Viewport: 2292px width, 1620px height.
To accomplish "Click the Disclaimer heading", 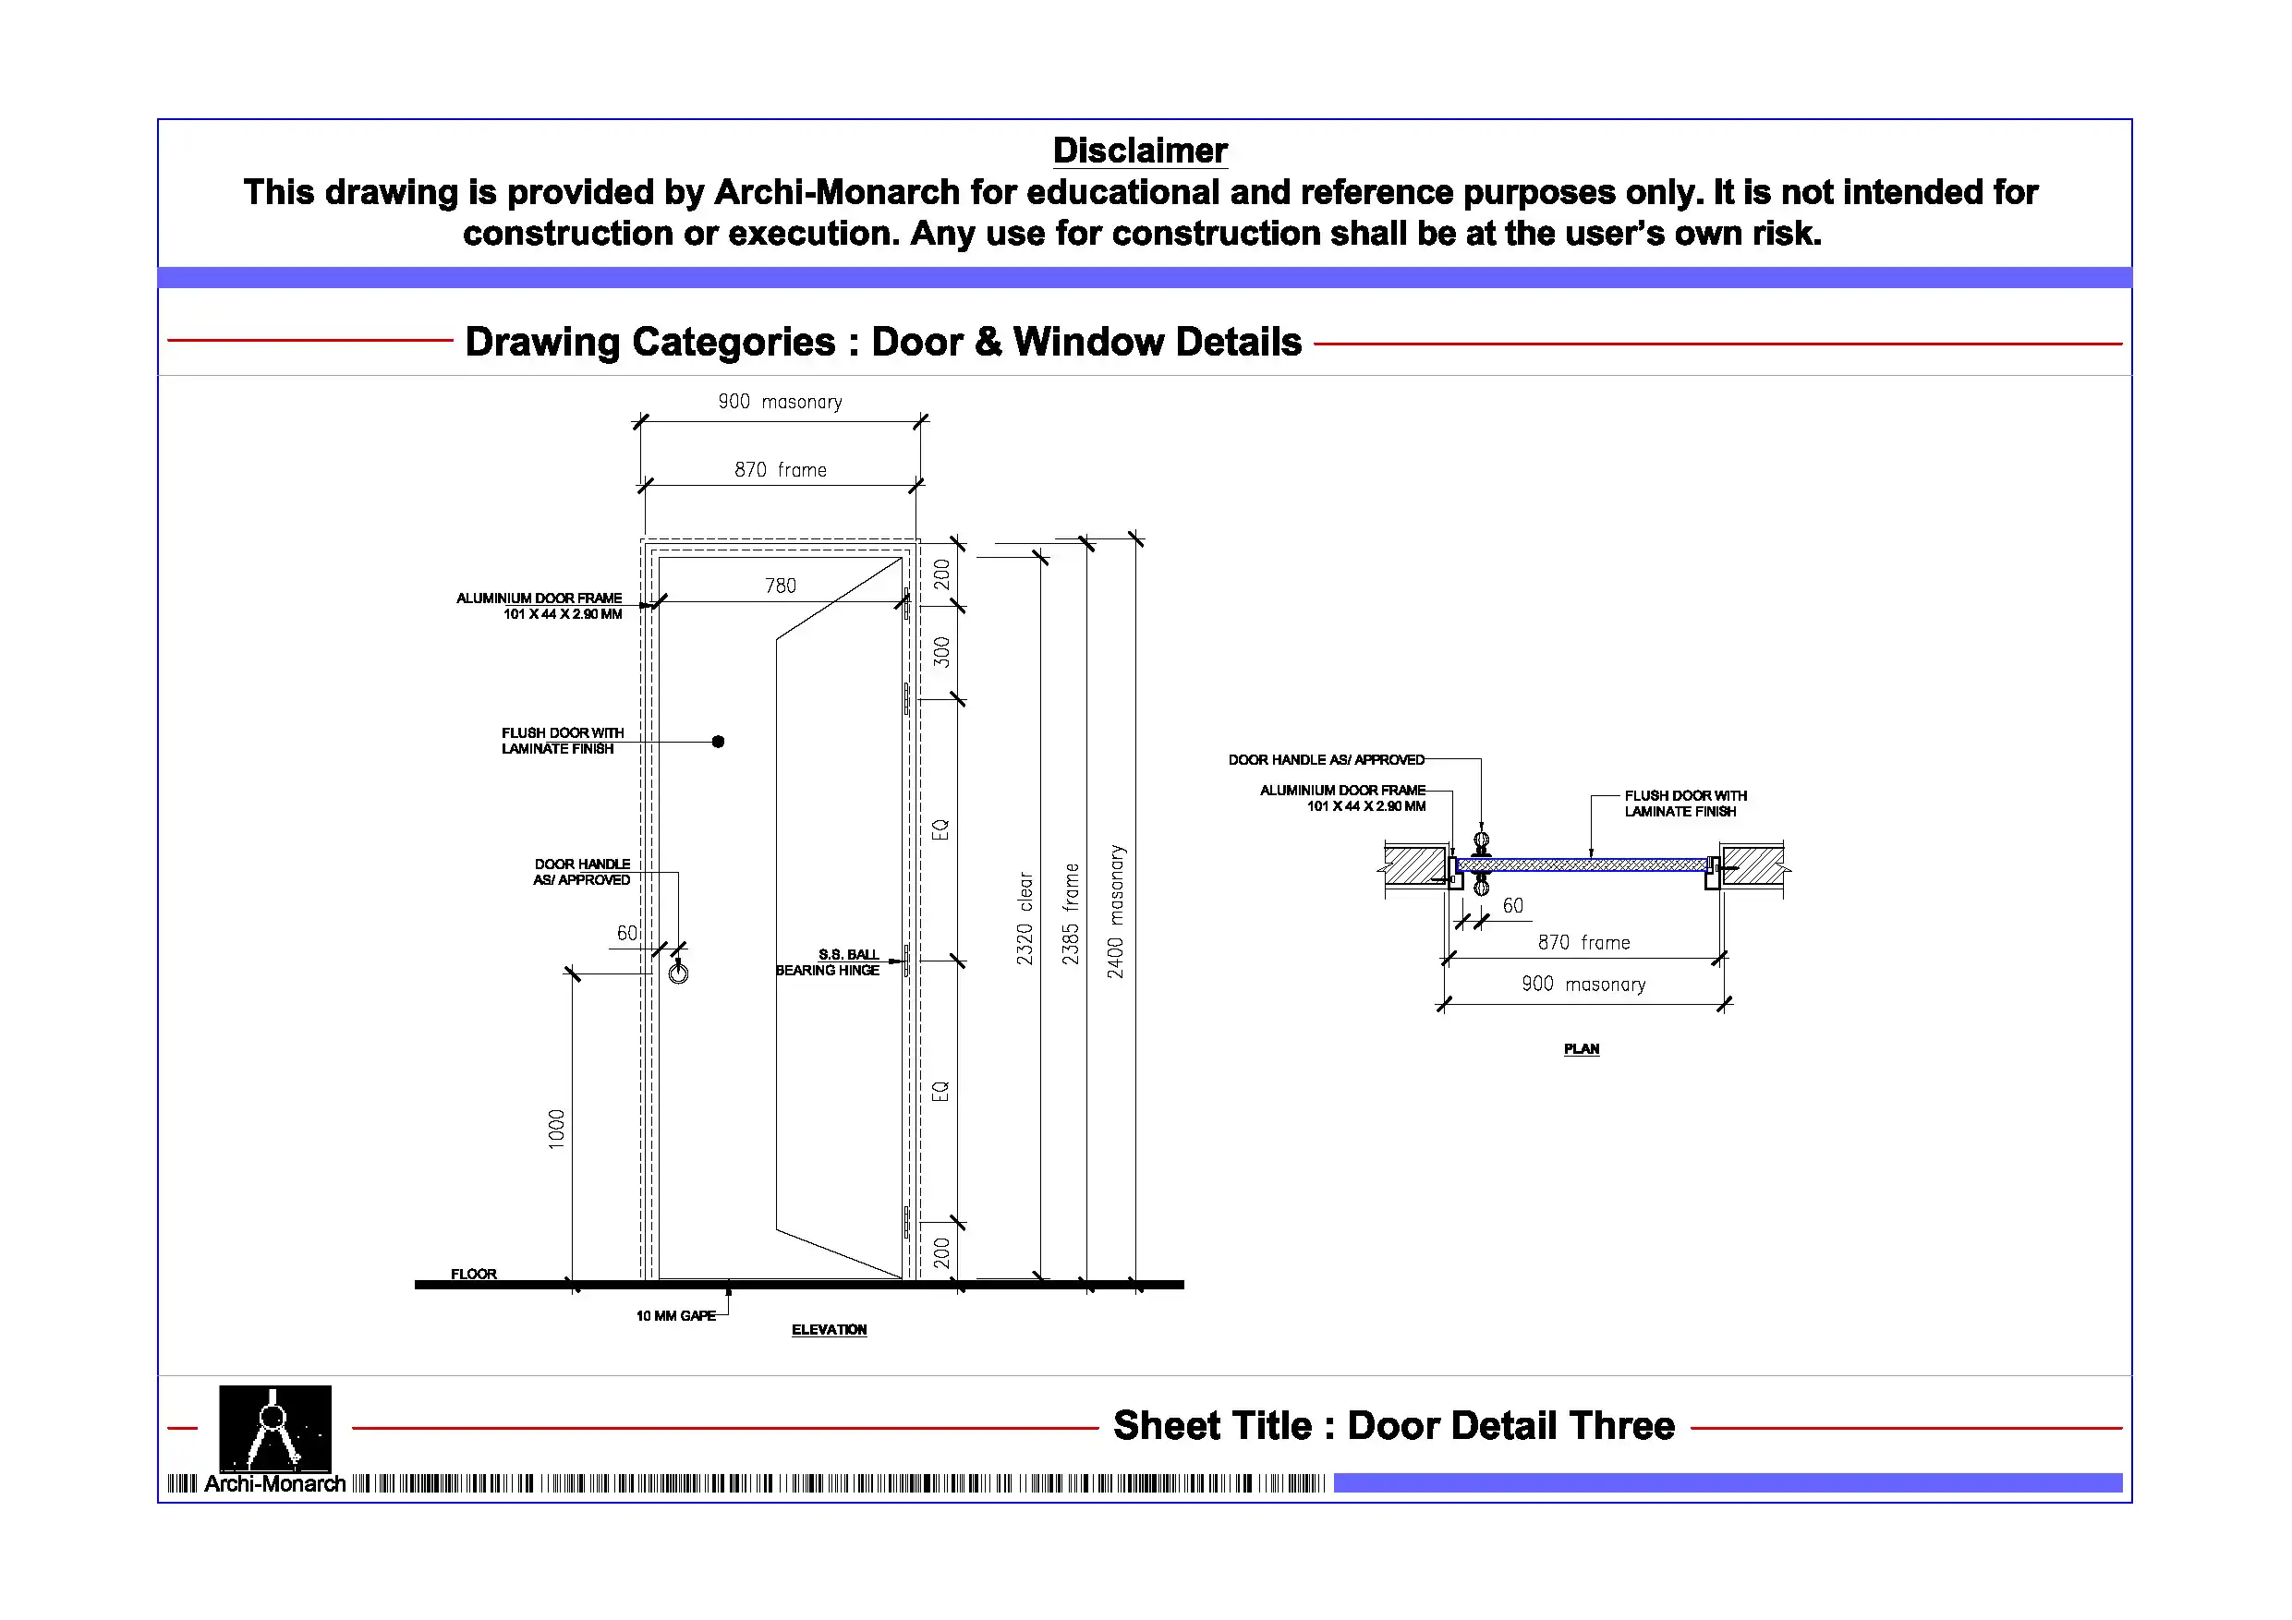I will pos(1139,151).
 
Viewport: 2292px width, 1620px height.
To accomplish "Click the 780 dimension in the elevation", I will pos(781,586).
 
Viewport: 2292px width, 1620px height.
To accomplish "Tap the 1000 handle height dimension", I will pos(557,1129).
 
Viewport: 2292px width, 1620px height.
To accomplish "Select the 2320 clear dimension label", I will pos(1025,918).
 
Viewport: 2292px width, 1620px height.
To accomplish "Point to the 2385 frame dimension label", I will pos(1070,914).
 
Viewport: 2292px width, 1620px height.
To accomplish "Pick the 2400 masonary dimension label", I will pos(1115,912).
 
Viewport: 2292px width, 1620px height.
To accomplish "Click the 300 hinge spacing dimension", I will pos(941,652).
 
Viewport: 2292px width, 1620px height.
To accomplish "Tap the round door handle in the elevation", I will pos(679,973).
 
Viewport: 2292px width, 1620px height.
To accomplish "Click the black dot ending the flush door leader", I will pos(718,742).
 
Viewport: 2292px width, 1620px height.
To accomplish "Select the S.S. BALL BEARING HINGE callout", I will pos(829,962).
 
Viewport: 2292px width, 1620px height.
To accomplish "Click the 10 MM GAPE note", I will pos(676,1315).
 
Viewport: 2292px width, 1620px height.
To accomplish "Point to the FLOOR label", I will pos(473,1274).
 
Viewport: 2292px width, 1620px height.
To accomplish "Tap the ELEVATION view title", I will pos(829,1330).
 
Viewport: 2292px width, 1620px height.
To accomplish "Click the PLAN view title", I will pos(1582,1049).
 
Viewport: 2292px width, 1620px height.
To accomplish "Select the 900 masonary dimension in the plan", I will pos(1583,985).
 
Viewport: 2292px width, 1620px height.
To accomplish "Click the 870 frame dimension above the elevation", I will pos(781,470).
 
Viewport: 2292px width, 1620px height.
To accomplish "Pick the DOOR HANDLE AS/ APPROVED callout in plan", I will pos(1326,759).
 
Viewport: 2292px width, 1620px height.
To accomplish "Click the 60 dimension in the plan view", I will pos(1513,906).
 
